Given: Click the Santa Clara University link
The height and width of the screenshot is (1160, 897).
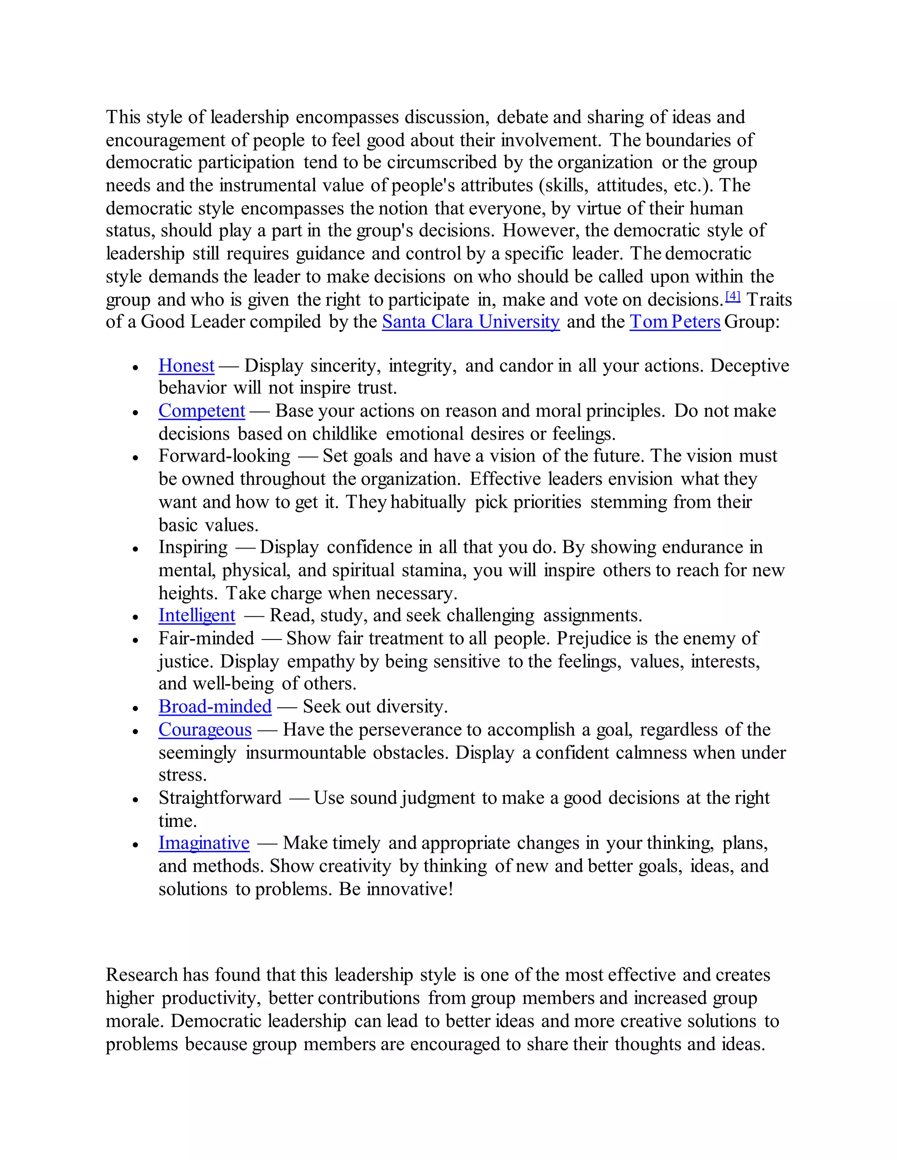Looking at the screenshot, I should [x=470, y=322].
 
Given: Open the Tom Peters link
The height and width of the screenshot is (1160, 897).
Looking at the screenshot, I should [x=675, y=322].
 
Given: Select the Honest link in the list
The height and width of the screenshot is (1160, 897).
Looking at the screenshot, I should [x=187, y=366].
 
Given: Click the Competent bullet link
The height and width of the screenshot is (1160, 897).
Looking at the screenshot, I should [x=201, y=411].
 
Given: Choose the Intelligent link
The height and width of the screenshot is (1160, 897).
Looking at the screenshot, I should [x=197, y=615].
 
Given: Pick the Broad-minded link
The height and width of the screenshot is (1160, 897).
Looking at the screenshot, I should [x=215, y=707].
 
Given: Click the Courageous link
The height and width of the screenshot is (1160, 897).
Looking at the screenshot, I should [x=205, y=730].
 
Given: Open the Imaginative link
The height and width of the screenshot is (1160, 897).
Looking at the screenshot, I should [x=204, y=844].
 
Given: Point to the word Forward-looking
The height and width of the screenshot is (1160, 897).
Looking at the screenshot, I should [x=224, y=456].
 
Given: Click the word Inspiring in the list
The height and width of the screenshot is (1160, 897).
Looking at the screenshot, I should [x=193, y=548].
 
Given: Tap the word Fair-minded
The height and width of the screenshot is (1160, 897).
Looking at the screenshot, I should [x=206, y=638].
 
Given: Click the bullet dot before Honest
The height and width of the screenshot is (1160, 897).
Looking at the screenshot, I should [x=136, y=368].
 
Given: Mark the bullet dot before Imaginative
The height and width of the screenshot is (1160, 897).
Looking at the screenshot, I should [x=136, y=845].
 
